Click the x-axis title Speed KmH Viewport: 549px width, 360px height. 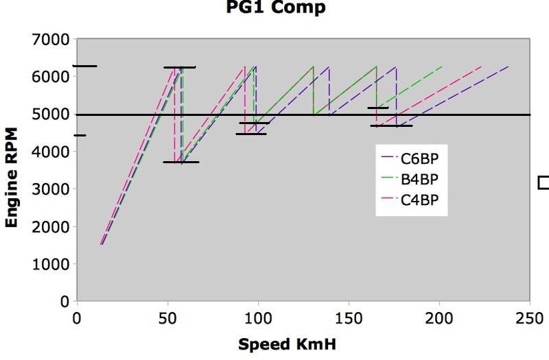pos(287,344)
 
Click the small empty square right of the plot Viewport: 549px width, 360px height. pos(544,182)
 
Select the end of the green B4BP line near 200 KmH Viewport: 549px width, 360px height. pos(441,67)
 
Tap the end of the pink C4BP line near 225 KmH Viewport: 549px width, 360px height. pos(481,67)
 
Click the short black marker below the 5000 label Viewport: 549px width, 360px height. pos(80,135)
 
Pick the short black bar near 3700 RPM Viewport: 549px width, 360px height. pos(181,162)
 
